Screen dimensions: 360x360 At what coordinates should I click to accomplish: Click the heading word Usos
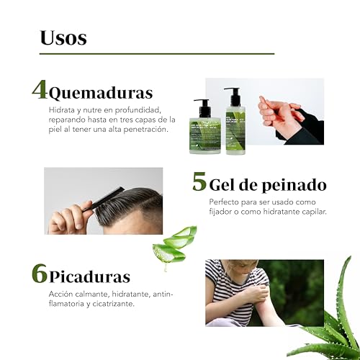click(x=63, y=37)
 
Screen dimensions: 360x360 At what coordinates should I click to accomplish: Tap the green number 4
click(x=40, y=90)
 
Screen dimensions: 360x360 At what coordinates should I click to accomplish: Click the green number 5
click(x=199, y=181)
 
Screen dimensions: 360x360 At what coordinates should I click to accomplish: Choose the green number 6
click(x=40, y=274)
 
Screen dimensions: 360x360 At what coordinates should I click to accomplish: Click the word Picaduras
click(x=90, y=277)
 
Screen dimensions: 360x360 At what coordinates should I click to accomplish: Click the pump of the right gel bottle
click(x=233, y=94)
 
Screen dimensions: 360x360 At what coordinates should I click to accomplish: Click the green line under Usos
click(x=156, y=54)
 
